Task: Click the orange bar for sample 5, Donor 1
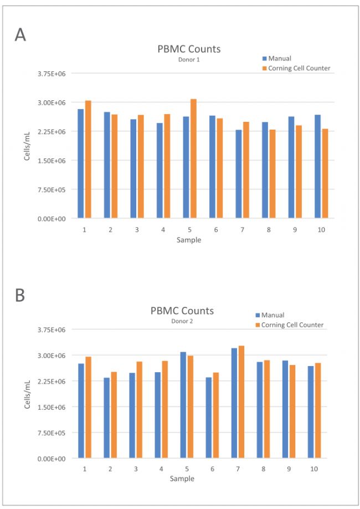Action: coord(193,158)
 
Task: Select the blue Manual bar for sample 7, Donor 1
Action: coord(239,174)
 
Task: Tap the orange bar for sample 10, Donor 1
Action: coord(325,173)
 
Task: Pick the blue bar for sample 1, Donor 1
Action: coord(80,163)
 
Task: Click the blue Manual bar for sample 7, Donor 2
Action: coord(234,403)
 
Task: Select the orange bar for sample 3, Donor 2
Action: coord(139,410)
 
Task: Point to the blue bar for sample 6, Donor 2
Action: coord(208,418)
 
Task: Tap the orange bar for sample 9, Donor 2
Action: coord(292,412)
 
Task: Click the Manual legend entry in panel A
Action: coord(277,58)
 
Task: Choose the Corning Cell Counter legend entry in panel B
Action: coord(290,325)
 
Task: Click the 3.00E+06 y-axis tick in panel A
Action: coord(52,102)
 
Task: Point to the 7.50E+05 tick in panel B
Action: coord(52,433)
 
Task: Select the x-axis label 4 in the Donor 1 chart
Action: coord(163,229)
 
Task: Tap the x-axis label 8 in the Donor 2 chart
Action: coord(263,469)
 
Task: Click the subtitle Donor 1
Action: coord(189,60)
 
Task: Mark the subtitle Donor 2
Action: coord(182,321)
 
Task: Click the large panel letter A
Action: coord(20,34)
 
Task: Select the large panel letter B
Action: coord(20,295)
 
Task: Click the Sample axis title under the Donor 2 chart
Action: coord(182,479)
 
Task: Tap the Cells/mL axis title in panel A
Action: coord(27,146)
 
